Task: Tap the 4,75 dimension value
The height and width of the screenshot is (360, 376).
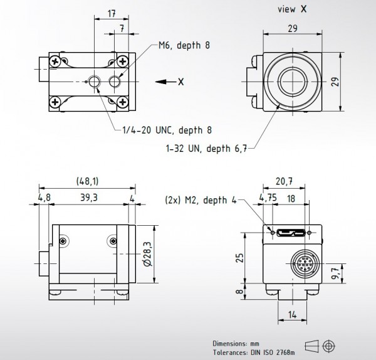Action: tap(268, 198)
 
